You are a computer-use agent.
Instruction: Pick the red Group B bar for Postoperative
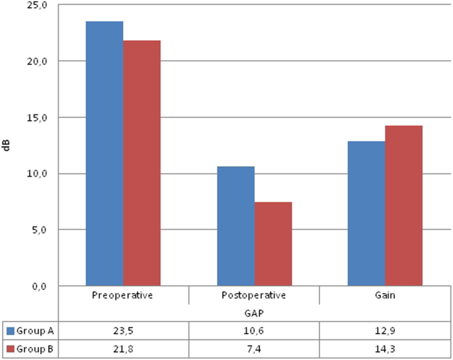(273, 244)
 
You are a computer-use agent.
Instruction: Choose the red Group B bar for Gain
(404, 206)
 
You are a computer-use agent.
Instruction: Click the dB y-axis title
(7, 146)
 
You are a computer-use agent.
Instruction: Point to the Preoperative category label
(123, 295)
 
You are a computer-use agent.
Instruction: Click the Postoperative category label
(254, 295)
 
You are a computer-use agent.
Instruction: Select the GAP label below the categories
(254, 313)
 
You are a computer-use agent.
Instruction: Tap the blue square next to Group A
(11, 330)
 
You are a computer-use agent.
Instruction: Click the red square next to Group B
(11, 349)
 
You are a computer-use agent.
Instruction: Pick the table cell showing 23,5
(123, 330)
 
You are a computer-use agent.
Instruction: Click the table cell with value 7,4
(254, 349)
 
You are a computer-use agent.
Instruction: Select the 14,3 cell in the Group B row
(385, 349)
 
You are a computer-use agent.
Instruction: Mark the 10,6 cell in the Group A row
(254, 330)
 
